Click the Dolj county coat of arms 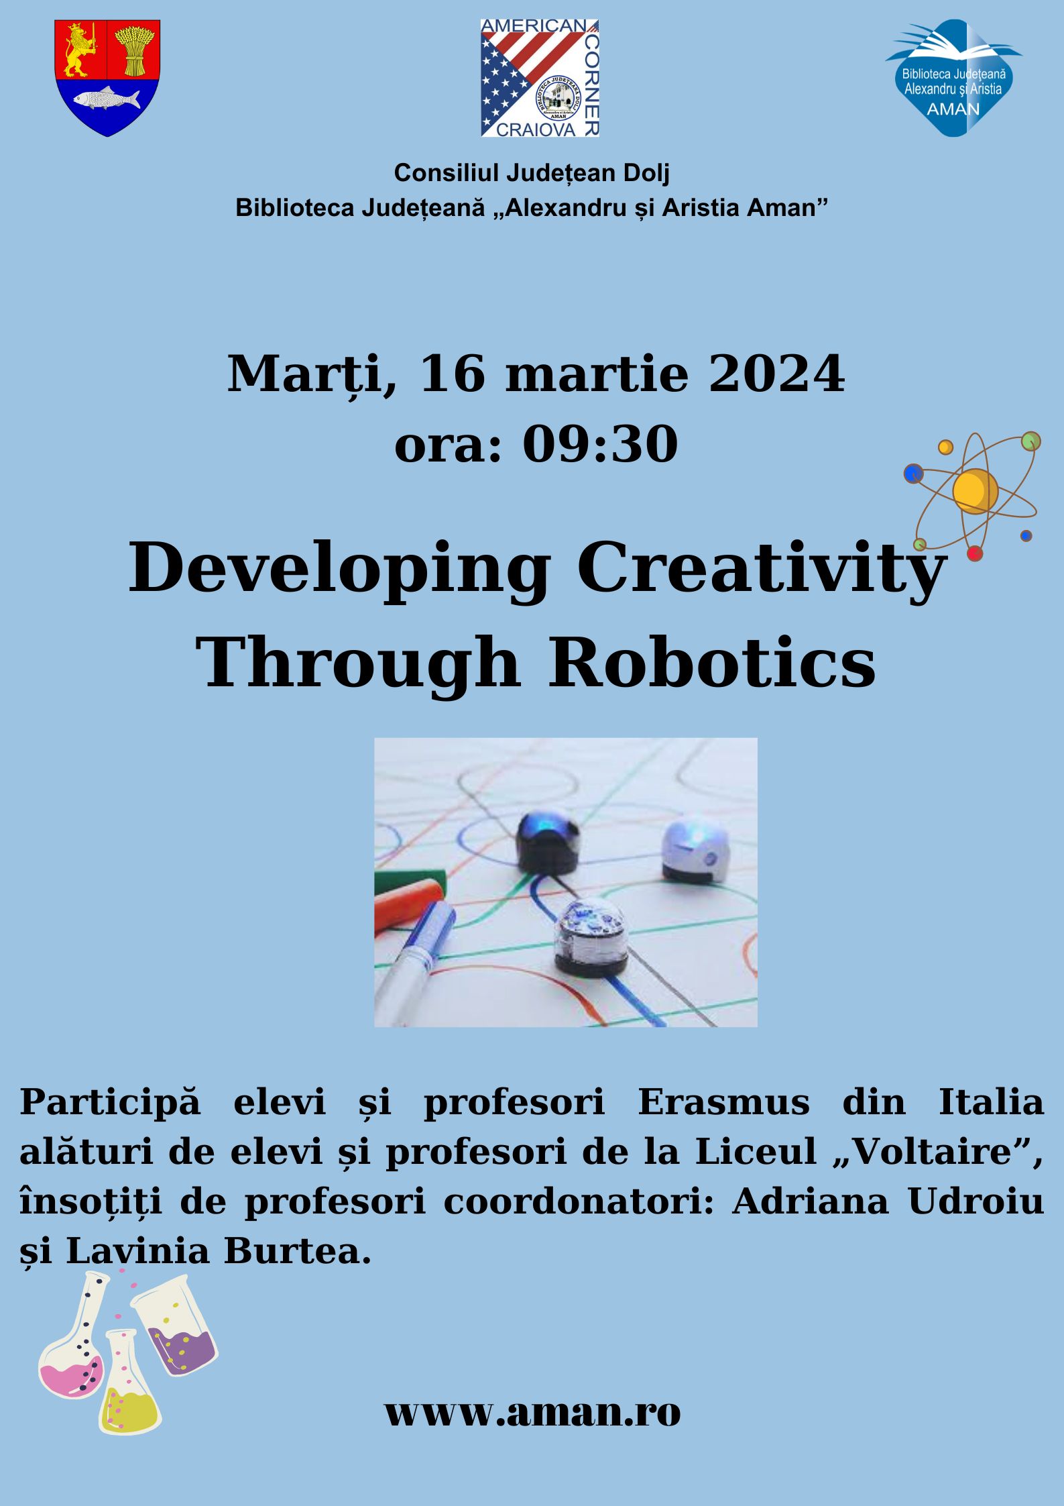[107, 77]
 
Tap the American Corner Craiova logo [540, 78]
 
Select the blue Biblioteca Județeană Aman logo [953, 78]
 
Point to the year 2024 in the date [776, 374]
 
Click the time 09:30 [600, 444]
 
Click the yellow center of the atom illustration [975, 492]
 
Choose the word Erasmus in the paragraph [723, 1102]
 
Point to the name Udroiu [976, 1201]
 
